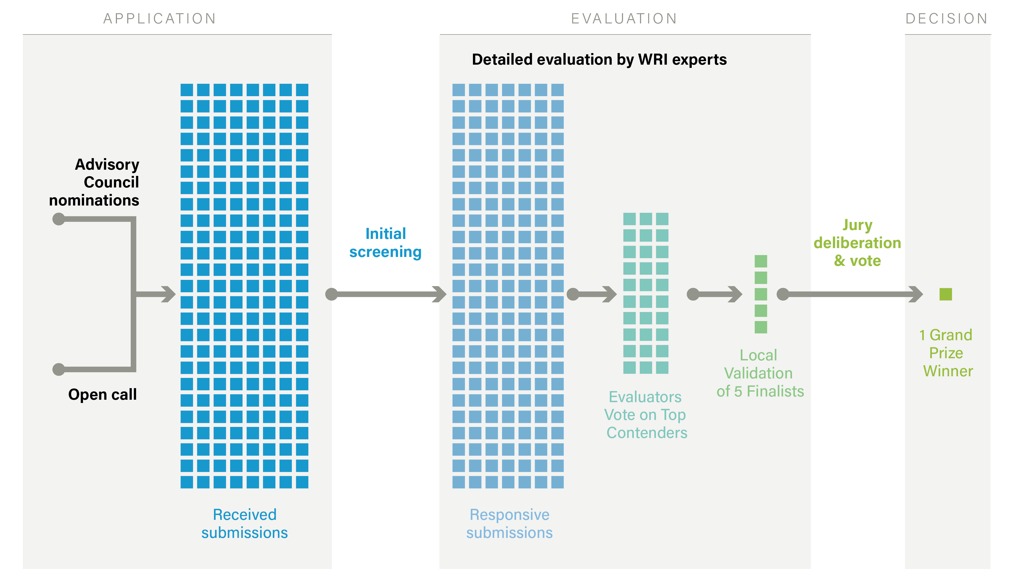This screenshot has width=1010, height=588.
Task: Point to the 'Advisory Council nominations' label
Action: click(94, 182)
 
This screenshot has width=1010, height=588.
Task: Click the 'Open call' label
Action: click(103, 395)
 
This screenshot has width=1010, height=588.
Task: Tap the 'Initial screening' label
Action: click(386, 243)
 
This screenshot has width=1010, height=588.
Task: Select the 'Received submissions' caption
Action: click(244, 524)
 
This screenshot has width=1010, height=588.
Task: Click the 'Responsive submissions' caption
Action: click(509, 524)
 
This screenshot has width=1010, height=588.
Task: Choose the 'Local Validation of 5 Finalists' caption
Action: click(760, 373)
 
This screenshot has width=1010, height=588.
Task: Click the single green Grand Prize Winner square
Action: click(946, 294)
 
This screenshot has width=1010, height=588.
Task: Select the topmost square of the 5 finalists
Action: click(761, 261)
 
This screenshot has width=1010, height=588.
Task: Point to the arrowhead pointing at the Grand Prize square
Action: click(916, 294)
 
